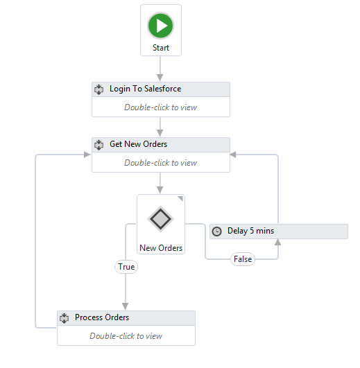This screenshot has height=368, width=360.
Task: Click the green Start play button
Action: [x=161, y=26]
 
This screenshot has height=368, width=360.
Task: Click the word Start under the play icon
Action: [x=161, y=48]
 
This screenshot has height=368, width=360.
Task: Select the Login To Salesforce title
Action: [x=146, y=89]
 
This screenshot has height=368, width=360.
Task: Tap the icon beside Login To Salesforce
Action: [x=98, y=89]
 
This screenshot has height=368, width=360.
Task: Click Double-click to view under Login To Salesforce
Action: [x=161, y=107]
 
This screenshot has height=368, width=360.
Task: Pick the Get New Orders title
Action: [x=138, y=144]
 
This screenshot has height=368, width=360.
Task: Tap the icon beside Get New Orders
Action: [x=98, y=145]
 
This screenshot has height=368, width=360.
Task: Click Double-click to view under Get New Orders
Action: [x=161, y=163]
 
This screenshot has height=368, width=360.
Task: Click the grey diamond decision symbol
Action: [x=161, y=219]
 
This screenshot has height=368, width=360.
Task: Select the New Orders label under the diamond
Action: [x=161, y=248]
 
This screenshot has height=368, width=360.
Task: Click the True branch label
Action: [x=126, y=267]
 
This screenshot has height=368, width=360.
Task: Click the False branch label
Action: [x=243, y=259]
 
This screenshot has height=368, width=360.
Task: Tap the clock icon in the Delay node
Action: [x=216, y=231]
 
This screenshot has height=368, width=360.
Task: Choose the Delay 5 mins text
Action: [x=250, y=231]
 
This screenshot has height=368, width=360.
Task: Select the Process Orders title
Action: [x=102, y=317]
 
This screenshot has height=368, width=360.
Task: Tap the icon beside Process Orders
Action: [x=64, y=318]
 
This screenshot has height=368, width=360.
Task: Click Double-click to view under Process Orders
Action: [x=126, y=336]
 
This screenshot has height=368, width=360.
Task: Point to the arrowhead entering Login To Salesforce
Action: [x=160, y=78]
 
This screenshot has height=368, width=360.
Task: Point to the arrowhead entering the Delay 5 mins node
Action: [x=278, y=242]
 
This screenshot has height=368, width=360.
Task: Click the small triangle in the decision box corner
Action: [x=180, y=199]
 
